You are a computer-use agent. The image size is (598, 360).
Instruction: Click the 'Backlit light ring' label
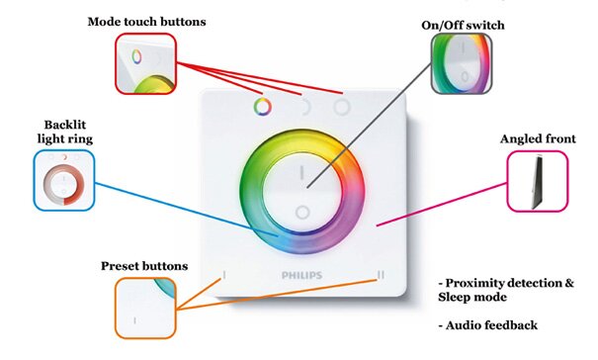[x=65, y=134]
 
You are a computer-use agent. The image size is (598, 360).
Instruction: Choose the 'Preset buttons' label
[x=145, y=266]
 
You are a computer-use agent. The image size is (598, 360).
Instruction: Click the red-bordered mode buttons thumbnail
[x=145, y=63]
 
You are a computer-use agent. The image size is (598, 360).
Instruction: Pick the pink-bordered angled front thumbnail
[x=538, y=180]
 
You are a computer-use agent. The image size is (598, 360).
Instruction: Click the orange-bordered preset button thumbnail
[x=145, y=308]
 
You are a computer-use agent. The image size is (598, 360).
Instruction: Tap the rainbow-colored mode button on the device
[x=262, y=106]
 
